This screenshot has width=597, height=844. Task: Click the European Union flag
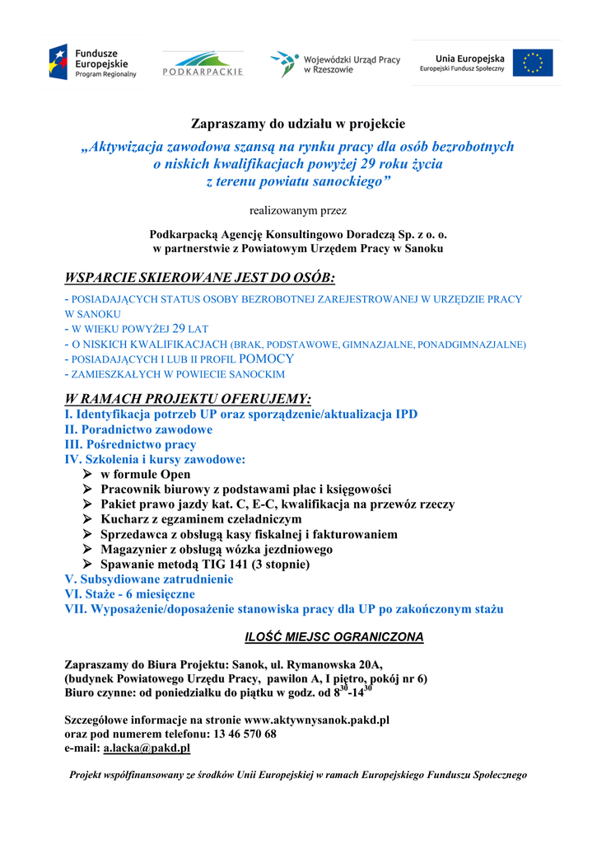click(533, 63)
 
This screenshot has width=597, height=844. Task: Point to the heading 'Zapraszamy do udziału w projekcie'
click(298, 124)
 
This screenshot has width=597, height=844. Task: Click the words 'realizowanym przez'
click(298, 210)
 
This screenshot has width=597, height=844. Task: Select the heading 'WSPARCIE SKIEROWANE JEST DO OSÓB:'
click(200, 277)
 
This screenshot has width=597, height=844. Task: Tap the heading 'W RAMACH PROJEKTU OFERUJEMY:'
click(188, 399)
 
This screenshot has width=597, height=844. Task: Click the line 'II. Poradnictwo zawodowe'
click(138, 429)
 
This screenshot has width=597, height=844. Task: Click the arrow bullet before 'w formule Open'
click(87, 475)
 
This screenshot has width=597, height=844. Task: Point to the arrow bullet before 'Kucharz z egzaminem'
click(87, 519)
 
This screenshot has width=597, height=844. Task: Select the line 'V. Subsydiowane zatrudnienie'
click(148, 579)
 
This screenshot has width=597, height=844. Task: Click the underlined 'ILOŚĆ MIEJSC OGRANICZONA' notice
click(335, 637)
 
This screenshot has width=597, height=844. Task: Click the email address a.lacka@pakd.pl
click(147, 748)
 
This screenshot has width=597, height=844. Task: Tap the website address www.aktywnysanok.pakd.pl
click(317, 720)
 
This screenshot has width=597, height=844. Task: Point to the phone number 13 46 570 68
click(245, 734)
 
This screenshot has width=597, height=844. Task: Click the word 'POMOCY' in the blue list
click(266, 359)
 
